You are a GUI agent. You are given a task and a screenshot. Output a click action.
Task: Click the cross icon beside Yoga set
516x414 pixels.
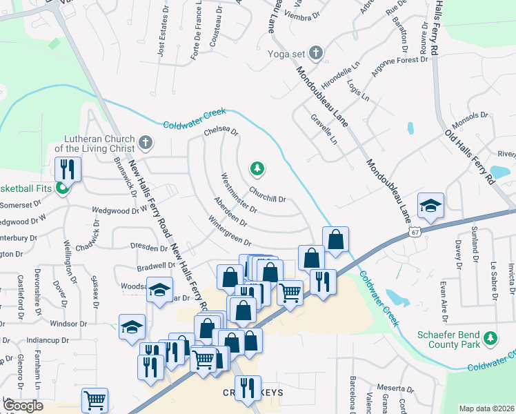315,52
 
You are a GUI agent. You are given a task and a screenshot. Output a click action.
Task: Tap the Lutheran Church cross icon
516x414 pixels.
145,143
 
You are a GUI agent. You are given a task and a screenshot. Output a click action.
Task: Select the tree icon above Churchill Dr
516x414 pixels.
257,168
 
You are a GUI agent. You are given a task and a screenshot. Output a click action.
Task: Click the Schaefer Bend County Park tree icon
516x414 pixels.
490,338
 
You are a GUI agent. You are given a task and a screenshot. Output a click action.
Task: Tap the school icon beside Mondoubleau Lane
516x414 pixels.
430,206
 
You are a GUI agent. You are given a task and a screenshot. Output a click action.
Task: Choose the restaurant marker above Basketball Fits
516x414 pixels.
68,168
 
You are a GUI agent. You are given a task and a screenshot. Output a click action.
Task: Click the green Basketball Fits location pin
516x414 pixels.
63,188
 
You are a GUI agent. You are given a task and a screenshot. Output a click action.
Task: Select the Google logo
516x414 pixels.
23,405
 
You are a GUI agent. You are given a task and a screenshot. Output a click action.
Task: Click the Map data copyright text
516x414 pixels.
486,408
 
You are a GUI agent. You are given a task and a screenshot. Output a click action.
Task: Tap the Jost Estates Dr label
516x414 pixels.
163,34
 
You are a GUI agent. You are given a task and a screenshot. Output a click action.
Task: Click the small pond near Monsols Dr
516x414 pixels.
410,128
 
